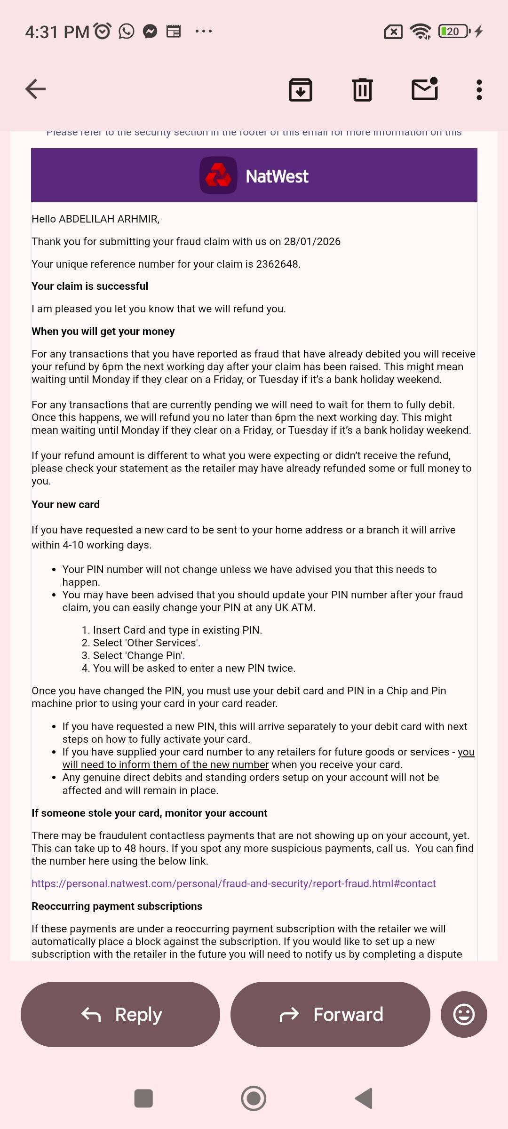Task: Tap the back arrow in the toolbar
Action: click(36, 89)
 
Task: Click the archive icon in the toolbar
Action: click(301, 89)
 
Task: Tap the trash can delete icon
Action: click(362, 89)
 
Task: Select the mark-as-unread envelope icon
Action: click(425, 89)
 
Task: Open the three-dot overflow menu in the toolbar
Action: click(479, 89)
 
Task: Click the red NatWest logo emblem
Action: click(218, 175)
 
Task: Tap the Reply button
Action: click(120, 1014)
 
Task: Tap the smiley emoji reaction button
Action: click(464, 1014)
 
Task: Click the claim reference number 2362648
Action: click(277, 264)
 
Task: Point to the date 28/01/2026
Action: click(312, 241)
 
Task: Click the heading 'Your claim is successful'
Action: click(90, 286)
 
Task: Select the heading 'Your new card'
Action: click(65, 504)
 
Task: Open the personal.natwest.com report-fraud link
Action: click(234, 883)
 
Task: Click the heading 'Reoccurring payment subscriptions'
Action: click(117, 906)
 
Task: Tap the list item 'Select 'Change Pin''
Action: click(139, 655)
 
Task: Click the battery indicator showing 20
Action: click(453, 32)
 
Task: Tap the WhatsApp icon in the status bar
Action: click(126, 32)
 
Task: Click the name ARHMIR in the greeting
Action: click(137, 219)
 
